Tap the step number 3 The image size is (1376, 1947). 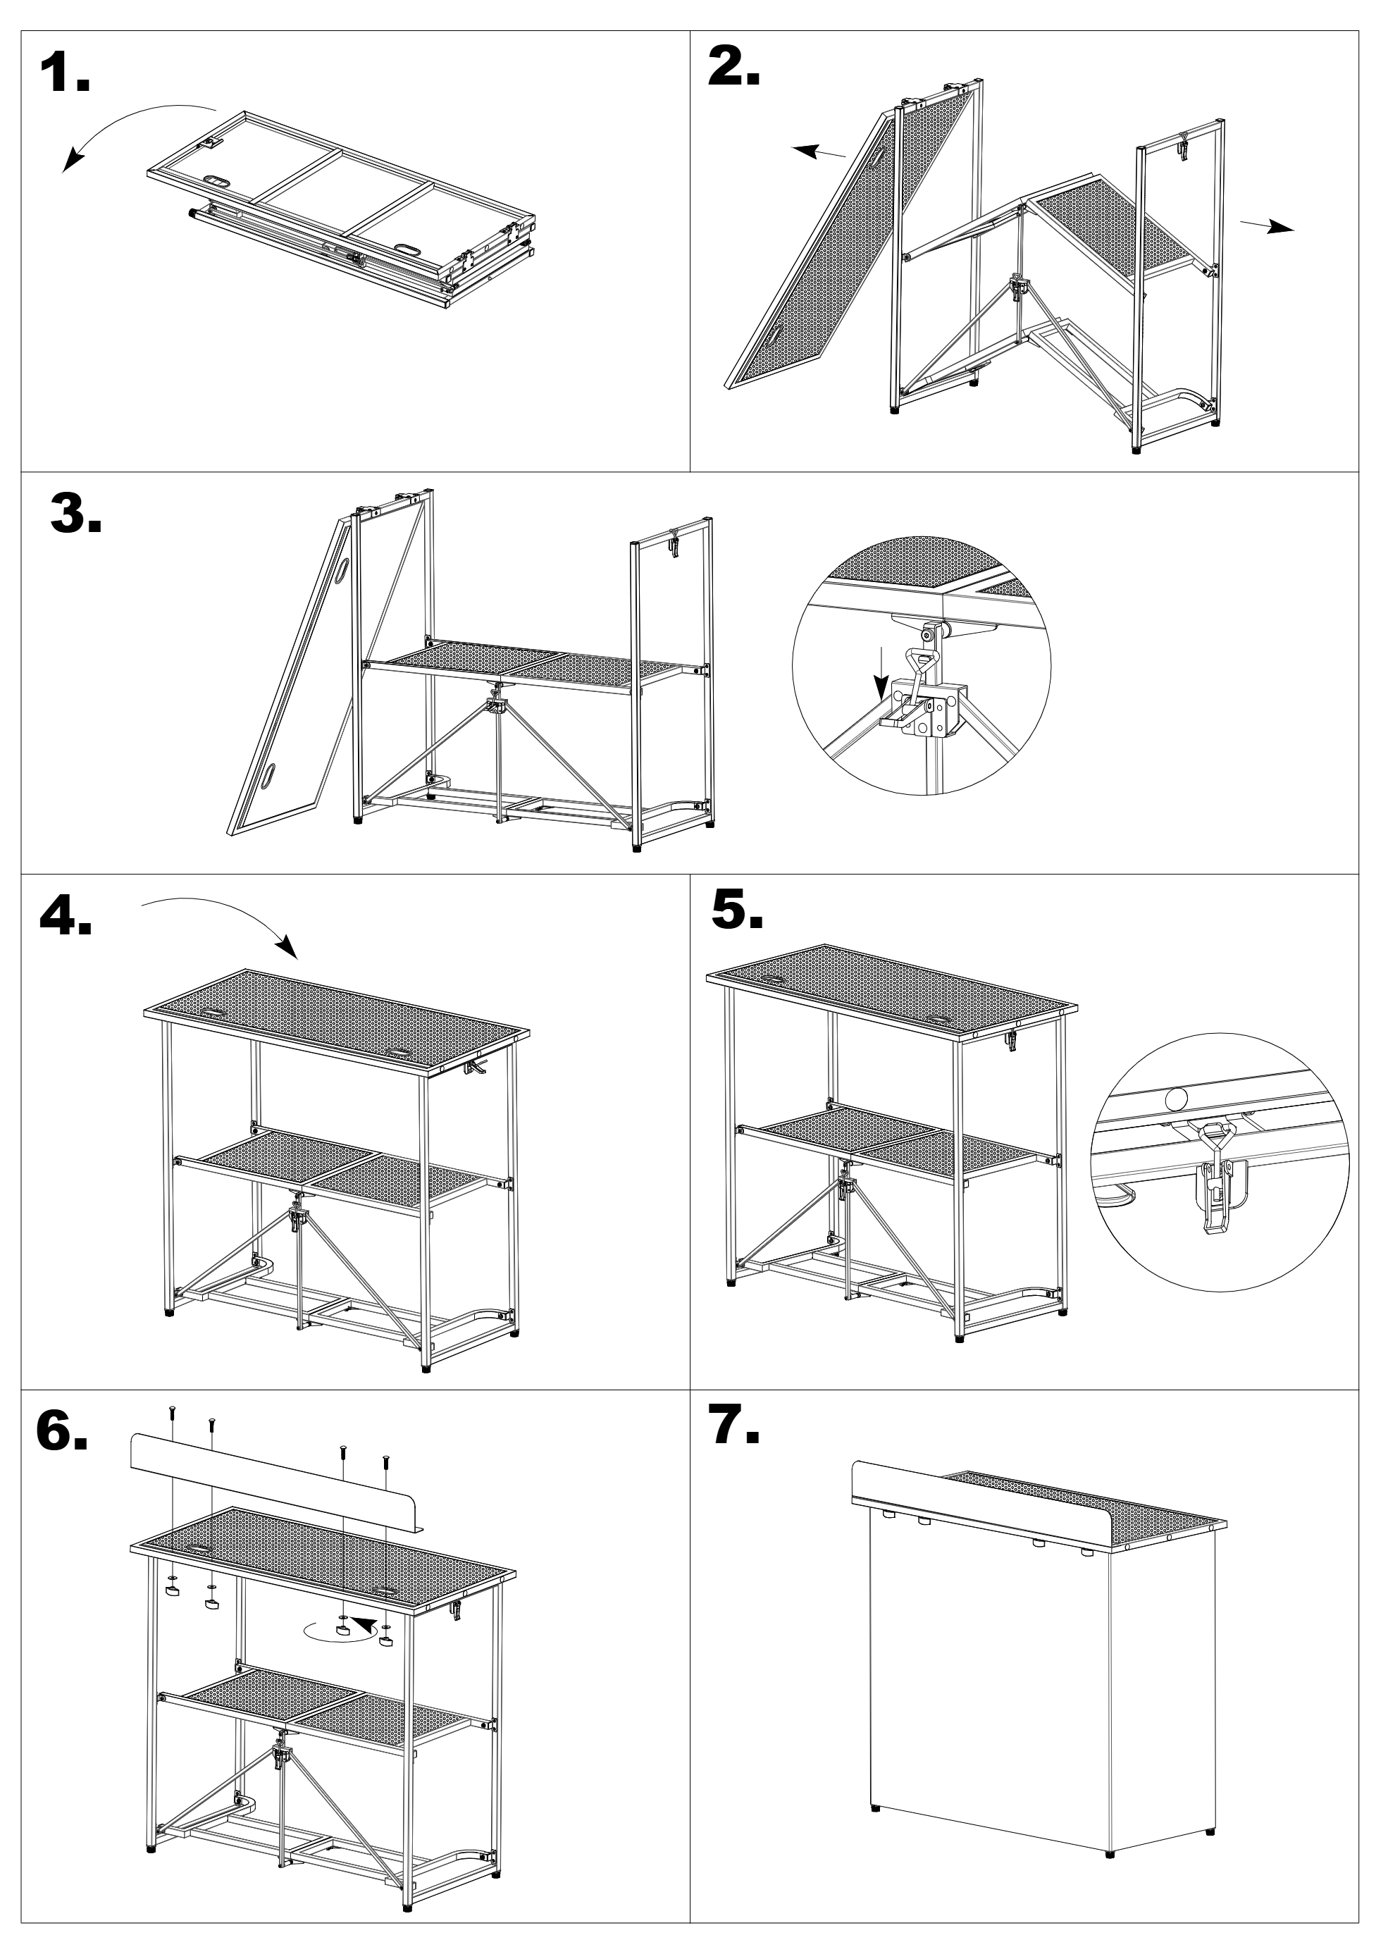tap(75, 514)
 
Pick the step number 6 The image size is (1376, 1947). tap(61, 1431)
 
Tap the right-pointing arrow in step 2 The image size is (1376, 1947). tap(1267, 226)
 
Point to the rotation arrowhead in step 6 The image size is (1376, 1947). tap(363, 1625)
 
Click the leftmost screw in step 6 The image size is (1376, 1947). tap(172, 1409)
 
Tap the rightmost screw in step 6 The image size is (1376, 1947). tap(386, 1460)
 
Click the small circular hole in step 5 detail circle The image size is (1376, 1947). tap(1176, 1099)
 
